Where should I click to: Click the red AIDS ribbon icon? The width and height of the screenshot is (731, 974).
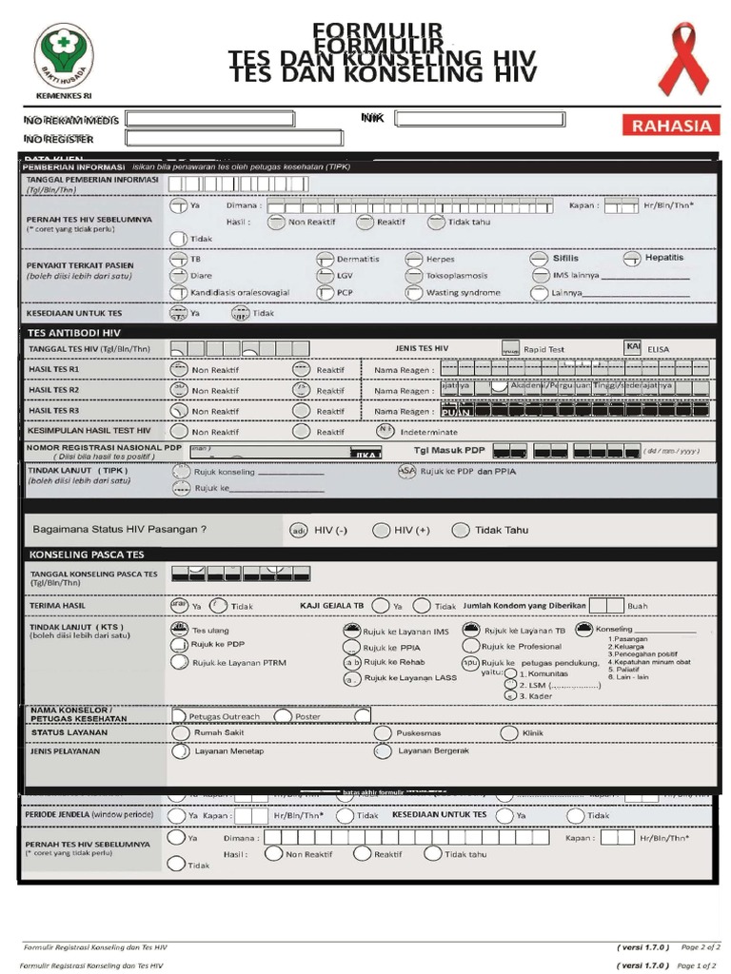pos(683,61)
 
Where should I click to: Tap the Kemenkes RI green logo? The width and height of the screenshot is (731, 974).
pos(64,57)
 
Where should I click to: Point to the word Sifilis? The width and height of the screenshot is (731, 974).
pos(565,258)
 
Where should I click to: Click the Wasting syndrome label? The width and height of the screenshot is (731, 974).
pos(463,293)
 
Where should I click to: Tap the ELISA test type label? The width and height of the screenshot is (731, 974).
pos(658,349)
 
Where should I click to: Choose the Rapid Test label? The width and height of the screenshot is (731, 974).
pos(543,349)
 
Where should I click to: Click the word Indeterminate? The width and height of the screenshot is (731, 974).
pos(429,431)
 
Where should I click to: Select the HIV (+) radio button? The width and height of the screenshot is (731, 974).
pos(381,530)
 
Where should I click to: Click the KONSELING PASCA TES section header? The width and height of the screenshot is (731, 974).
pos(87,554)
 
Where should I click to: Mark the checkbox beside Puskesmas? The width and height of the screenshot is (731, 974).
pos(383,733)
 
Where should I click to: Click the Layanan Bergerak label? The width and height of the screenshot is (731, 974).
pos(433,750)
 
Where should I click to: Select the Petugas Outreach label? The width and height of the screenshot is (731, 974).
pos(224,716)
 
